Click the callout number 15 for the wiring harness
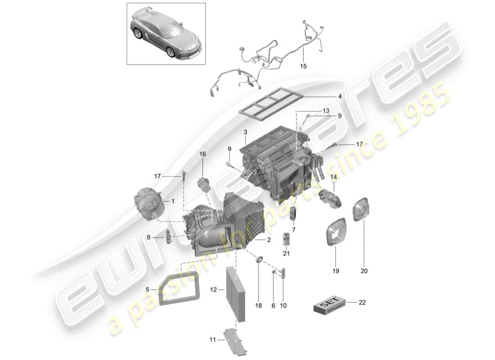tap(303, 66)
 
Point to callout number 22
tap(362, 302)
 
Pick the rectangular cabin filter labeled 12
tap(237, 294)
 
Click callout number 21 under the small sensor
tap(287, 253)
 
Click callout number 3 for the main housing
tap(245, 132)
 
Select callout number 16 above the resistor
tap(202, 154)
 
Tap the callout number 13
tap(325, 111)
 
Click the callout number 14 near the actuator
tap(333, 177)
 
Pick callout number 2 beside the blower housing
tap(269, 240)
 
